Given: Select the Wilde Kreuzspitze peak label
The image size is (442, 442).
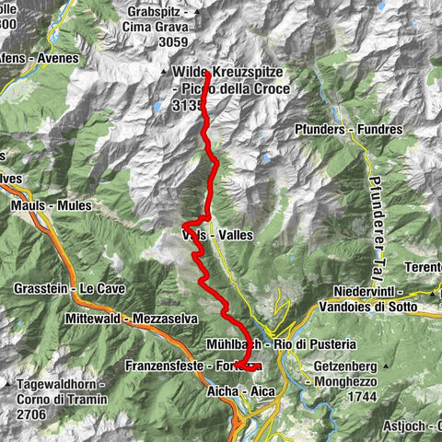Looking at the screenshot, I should click(229, 73).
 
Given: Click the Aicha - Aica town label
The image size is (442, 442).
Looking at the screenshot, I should click(237, 391).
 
